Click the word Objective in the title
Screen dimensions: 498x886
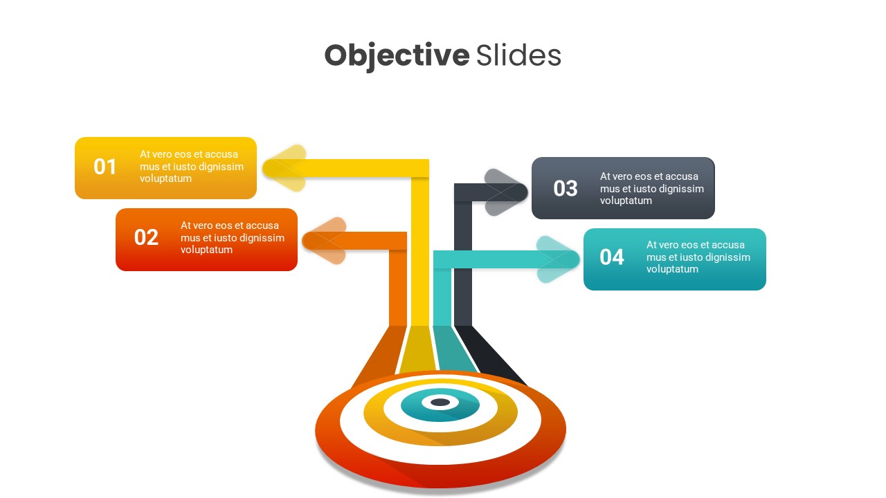coord(396,55)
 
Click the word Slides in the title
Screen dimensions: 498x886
coord(518,55)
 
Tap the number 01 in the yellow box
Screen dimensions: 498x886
coord(105,167)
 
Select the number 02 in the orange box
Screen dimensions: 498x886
coord(146,238)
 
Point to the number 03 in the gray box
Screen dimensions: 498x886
coord(566,188)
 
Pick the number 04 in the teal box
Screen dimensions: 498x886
coord(612,257)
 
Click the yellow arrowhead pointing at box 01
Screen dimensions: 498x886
coord(284,168)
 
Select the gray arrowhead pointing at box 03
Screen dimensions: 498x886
coord(506,192)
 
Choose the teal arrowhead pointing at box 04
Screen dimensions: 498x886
coord(558,259)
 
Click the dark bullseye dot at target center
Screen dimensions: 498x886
coord(440,403)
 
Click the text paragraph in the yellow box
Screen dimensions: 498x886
coord(192,167)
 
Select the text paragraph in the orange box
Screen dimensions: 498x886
coord(233,238)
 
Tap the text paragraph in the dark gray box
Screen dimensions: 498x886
coord(652,188)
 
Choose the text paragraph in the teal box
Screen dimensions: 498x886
coord(698,257)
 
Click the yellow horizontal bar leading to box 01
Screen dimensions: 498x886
coord(360,168)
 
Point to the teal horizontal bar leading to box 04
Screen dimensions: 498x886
coord(485,259)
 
